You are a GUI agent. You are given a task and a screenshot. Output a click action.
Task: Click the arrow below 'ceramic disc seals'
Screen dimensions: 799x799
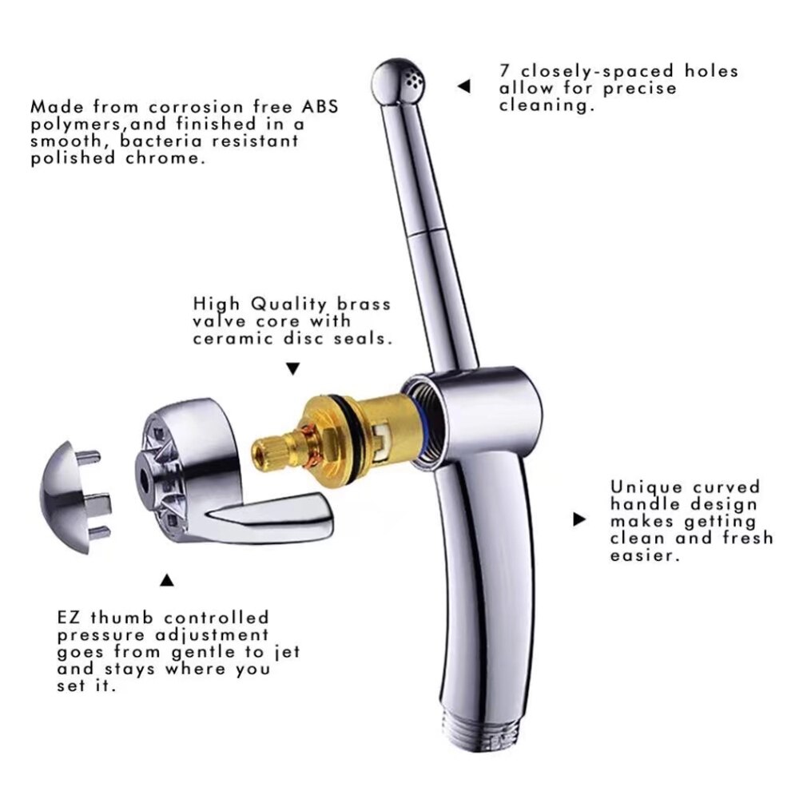tap(293, 369)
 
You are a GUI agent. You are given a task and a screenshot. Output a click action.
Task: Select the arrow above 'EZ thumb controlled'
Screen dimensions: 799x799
tap(167, 580)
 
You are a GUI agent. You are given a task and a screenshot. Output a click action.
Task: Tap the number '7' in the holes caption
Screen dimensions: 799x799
tap(505, 70)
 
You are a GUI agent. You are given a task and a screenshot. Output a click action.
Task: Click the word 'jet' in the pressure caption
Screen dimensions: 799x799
tap(287, 652)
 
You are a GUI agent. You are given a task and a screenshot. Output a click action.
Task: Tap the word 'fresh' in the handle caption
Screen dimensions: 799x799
tap(747, 538)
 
